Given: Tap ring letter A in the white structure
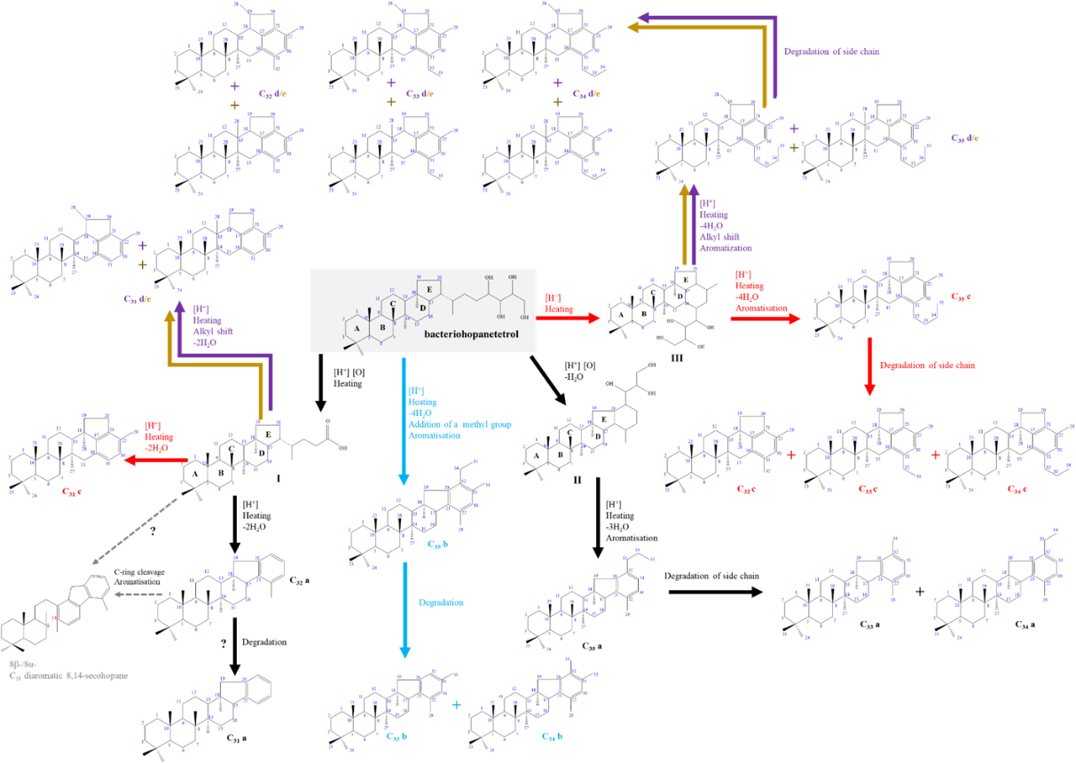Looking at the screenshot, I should click(x=357, y=328).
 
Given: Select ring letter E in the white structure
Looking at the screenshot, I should click(x=430, y=289).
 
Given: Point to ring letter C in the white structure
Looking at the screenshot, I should click(x=393, y=303).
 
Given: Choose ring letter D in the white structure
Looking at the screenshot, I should click(x=423, y=308).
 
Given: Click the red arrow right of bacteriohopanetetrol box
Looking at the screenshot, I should click(x=569, y=318).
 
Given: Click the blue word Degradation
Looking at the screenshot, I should click(x=441, y=602).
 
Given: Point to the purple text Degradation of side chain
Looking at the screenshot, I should click(x=831, y=51).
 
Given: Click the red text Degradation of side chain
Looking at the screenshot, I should click(x=927, y=365).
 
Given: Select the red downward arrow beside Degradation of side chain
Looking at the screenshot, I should click(x=869, y=366).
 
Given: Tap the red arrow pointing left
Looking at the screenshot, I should click(x=156, y=460).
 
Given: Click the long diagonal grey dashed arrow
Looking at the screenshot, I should click(x=135, y=531).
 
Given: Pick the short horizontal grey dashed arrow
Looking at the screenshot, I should click(x=138, y=594).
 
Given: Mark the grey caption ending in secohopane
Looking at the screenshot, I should click(x=68, y=675).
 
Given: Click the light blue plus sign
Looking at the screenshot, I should click(x=456, y=704).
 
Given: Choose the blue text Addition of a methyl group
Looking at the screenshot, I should click(x=459, y=424).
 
